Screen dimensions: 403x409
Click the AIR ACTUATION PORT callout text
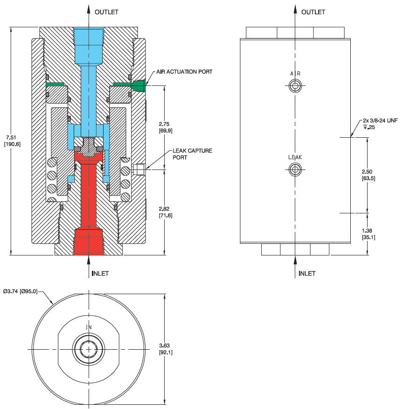coord(184,72)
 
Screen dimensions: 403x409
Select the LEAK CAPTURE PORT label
coord(192,154)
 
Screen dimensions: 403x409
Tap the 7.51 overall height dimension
coord(12,141)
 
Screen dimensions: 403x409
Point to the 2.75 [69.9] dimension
coord(166,127)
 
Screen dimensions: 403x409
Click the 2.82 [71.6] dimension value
coord(166,212)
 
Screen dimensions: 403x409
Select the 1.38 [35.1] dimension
coord(368,234)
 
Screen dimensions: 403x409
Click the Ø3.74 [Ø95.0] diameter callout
coord(21,291)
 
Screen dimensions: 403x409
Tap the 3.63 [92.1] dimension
coord(166,349)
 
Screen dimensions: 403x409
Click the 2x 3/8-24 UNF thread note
coord(380,124)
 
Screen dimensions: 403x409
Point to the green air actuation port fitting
coord(139,86)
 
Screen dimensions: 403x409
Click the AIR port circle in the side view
coord(295,85)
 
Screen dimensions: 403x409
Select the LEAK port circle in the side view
coord(295,169)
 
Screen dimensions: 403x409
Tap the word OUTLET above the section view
coord(106,12)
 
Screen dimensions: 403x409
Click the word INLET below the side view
coord(307,273)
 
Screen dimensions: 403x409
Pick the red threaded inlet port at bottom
coord(89,241)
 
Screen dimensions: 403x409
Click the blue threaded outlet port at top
coord(89,44)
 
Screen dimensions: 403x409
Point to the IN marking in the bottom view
coord(89,327)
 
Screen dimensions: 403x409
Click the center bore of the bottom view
coord(89,349)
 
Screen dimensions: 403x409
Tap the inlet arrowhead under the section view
coord(89,260)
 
